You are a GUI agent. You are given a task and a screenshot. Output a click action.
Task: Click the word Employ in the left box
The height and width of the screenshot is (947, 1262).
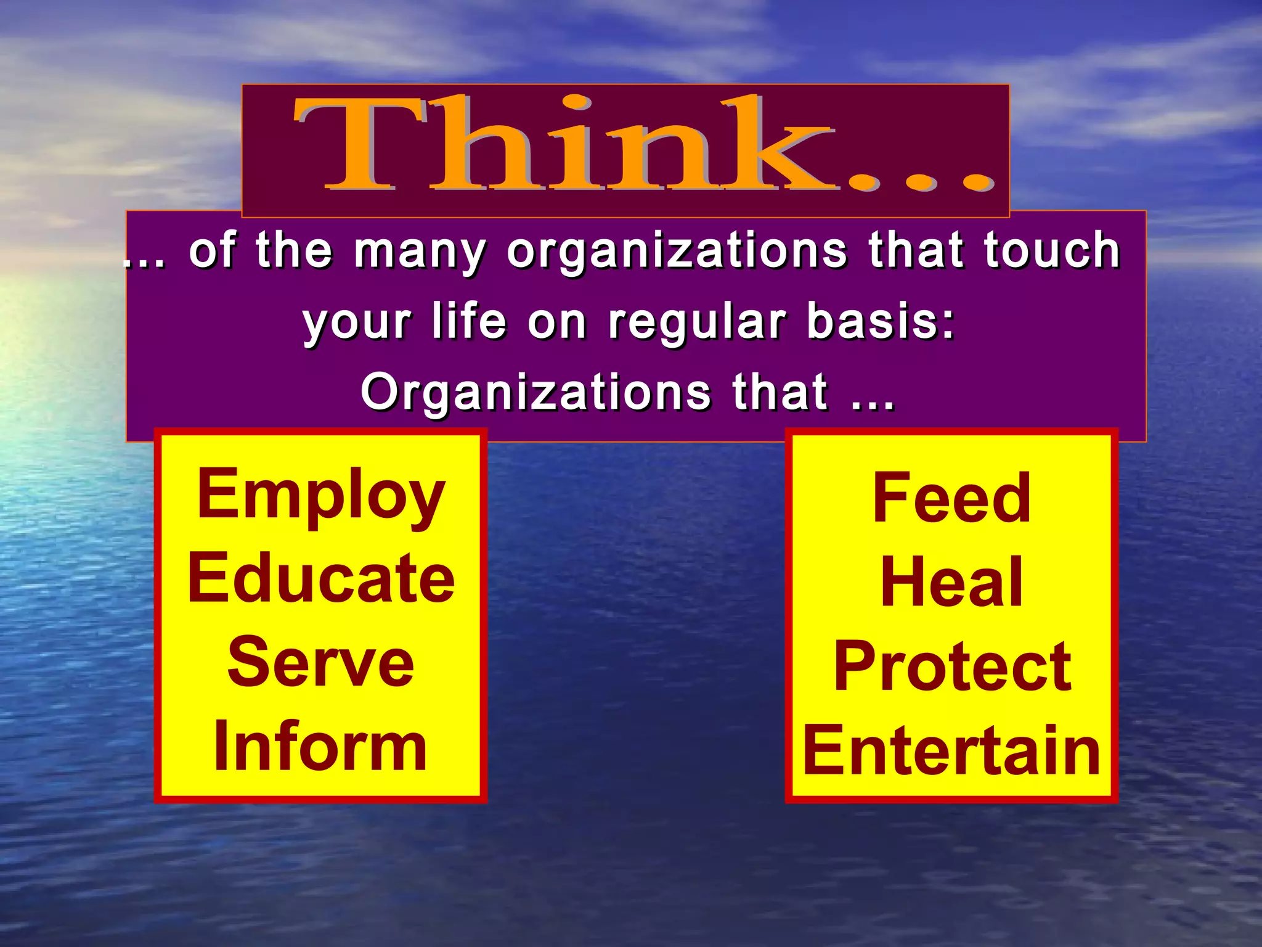pyautogui.click(x=320, y=496)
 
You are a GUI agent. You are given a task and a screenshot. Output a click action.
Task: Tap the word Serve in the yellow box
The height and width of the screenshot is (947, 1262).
pyautogui.click(x=320, y=663)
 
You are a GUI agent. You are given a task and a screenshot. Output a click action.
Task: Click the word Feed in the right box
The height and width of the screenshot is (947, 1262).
pyautogui.click(x=951, y=498)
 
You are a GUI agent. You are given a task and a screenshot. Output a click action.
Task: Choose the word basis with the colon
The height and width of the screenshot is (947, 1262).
pyautogui.click(x=881, y=322)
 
